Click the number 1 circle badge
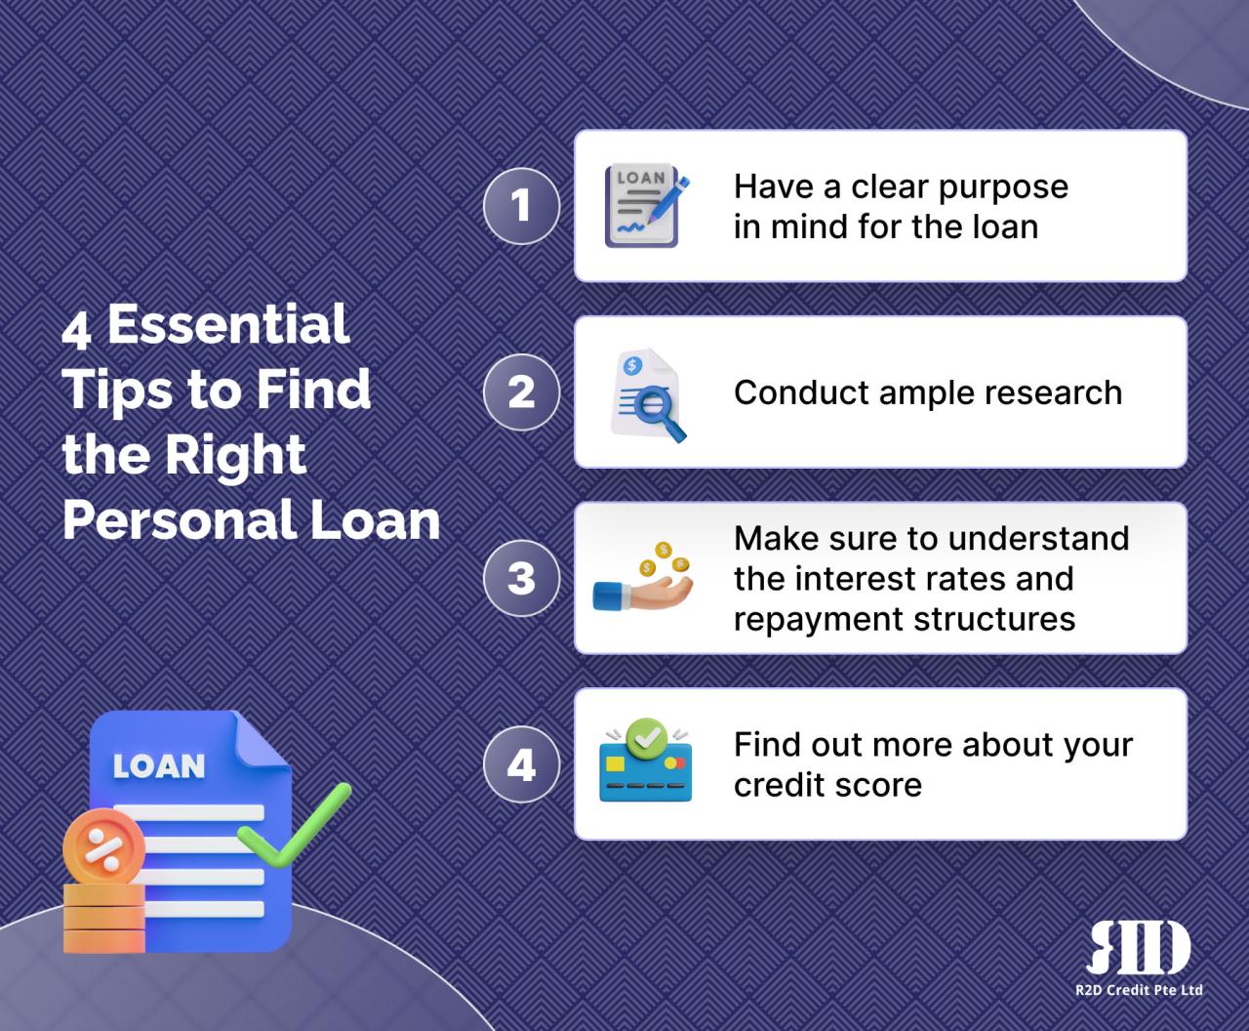tap(521, 206)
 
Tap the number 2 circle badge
tap(521, 392)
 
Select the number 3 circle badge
tap(521, 578)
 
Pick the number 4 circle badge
tap(521, 764)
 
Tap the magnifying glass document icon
tap(647, 395)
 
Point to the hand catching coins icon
tap(644, 579)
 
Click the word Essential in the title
tap(227, 324)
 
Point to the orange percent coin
tap(102, 847)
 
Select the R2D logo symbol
tap(1138, 947)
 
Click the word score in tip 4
tap(883, 785)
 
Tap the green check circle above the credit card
tap(644, 735)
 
